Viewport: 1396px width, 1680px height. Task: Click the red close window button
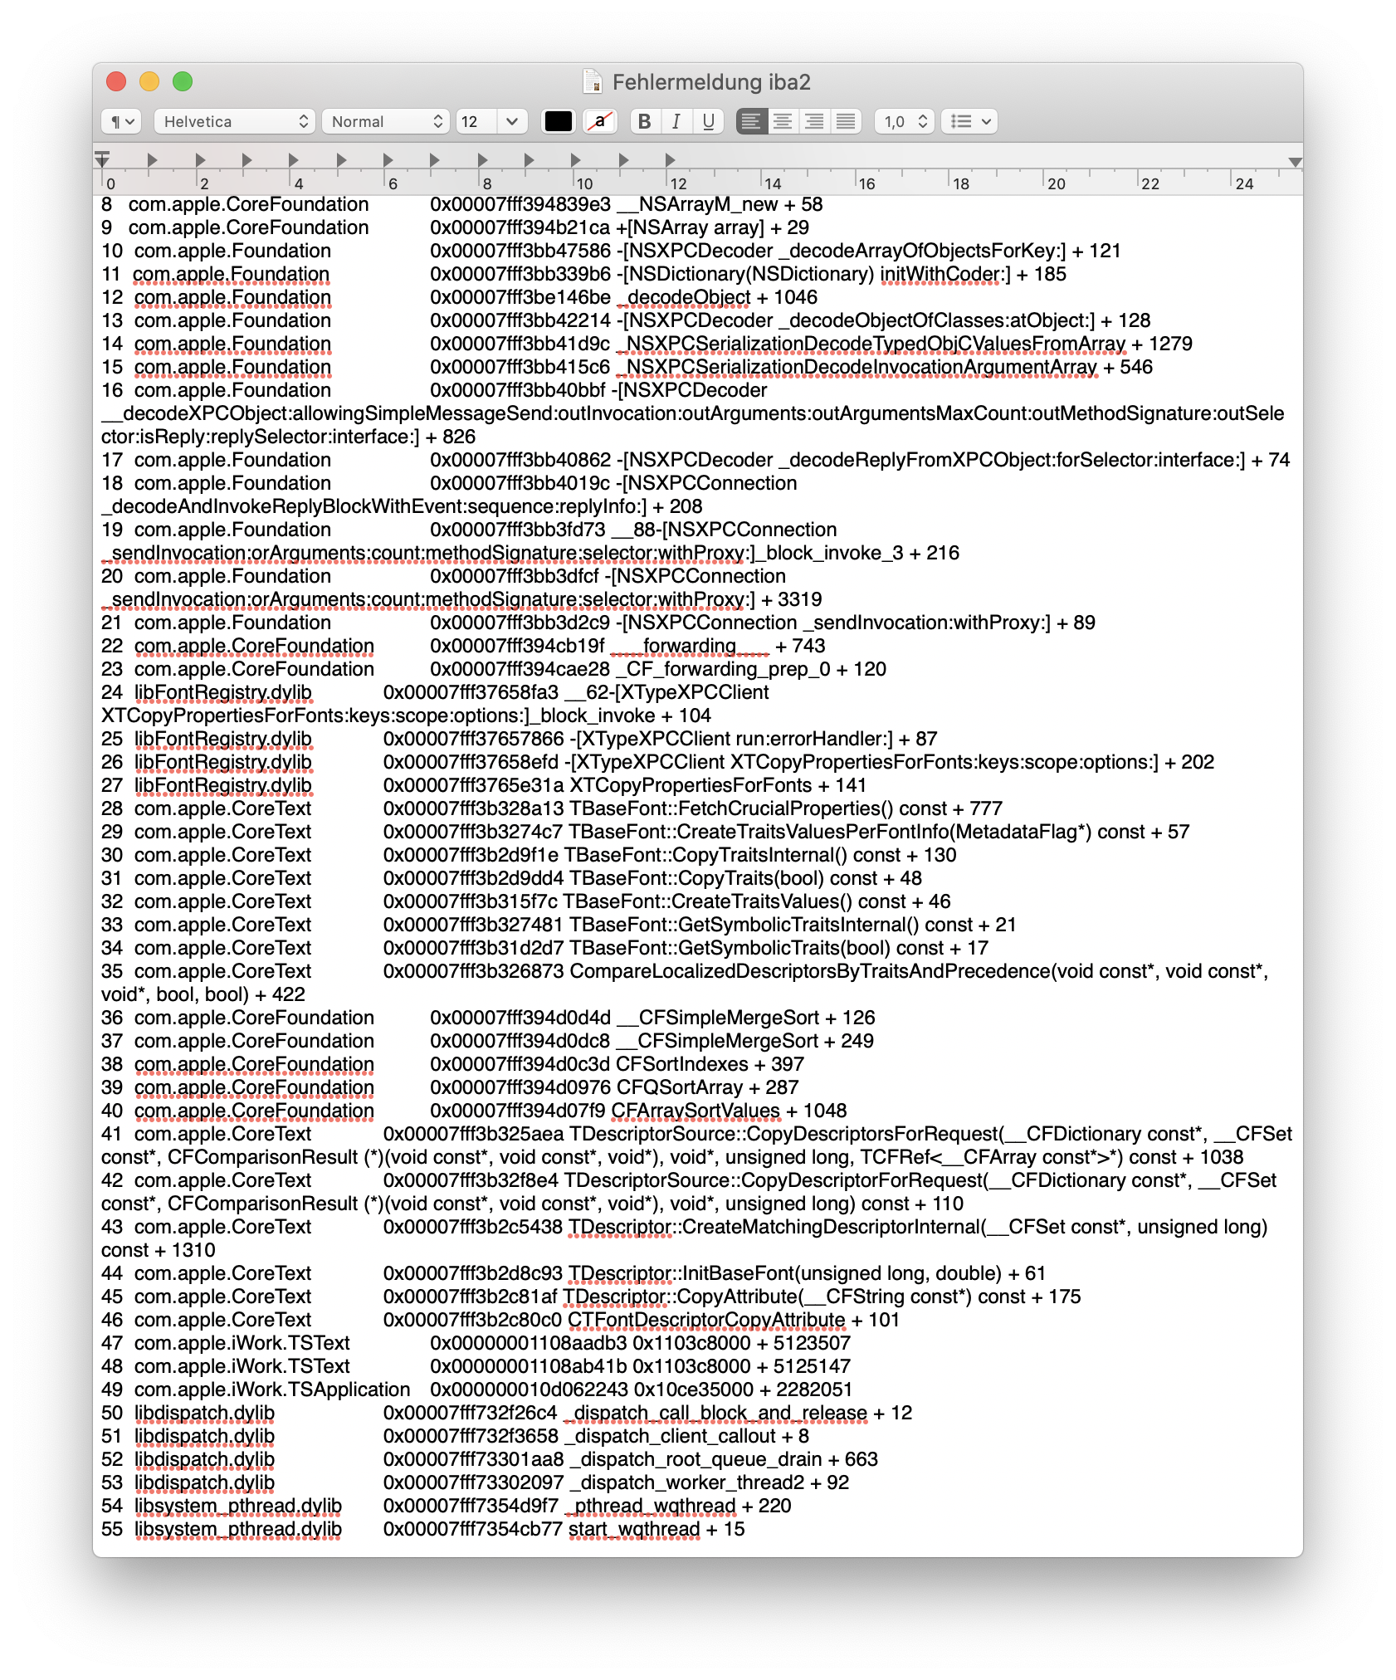pos(116,81)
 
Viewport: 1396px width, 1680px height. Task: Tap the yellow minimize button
pos(149,81)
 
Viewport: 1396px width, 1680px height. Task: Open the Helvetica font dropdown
pos(234,121)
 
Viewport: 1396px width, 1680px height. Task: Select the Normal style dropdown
pos(385,121)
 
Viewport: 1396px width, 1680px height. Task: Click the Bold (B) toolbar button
pos(644,121)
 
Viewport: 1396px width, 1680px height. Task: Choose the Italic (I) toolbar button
pos(676,121)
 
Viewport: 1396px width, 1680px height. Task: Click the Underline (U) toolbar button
pos(708,121)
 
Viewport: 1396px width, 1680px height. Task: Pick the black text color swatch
pos(558,121)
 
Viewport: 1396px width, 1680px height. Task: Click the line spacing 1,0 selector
pos(905,121)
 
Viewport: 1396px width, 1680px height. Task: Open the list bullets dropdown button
pos(970,121)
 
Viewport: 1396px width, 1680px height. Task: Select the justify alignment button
pos(846,121)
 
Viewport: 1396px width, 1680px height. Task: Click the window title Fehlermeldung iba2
pos(710,82)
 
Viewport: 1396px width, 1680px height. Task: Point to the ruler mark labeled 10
pos(584,183)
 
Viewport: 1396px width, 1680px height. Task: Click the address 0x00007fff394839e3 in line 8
pos(520,204)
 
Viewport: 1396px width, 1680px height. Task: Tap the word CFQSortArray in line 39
pos(679,1087)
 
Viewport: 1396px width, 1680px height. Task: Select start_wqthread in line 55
pos(634,1529)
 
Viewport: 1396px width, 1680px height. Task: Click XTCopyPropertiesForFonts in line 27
pos(691,785)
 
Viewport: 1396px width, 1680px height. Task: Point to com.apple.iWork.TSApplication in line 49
pos(272,1389)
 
